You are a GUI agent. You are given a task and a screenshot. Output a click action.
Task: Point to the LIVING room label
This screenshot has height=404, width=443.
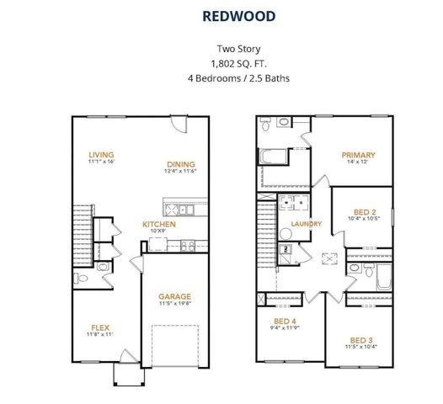tap(101, 154)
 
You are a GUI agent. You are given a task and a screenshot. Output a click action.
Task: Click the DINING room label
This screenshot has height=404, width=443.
tap(180, 164)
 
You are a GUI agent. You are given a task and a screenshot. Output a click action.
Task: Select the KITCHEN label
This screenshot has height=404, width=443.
tap(158, 225)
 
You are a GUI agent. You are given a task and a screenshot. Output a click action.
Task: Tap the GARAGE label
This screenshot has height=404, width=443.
tap(175, 296)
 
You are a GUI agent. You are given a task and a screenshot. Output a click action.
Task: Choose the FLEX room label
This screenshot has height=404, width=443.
tap(101, 327)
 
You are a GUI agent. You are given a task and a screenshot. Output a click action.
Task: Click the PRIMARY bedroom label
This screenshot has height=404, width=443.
tap(358, 155)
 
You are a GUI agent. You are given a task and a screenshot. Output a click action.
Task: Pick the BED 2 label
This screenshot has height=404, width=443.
tap(364, 212)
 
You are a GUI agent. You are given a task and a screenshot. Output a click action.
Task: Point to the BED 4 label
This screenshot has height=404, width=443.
tap(285, 322)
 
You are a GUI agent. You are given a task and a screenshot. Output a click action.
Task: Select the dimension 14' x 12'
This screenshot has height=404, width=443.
tap(358, 162)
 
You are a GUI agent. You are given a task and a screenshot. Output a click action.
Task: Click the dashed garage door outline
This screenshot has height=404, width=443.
tap(175, 345)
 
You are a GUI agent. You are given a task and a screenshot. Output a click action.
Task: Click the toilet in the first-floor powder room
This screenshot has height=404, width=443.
tap(103, 268)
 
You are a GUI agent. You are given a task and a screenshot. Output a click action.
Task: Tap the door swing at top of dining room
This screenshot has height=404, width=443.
tap(176, 123)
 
